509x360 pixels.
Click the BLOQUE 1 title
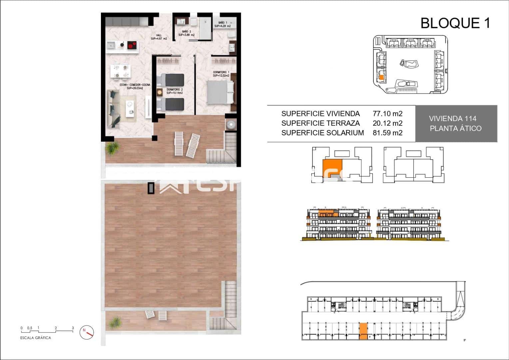(x=455, y=23)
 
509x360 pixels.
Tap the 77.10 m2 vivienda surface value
(x=387, y=114)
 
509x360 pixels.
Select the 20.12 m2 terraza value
(x=387, y=123)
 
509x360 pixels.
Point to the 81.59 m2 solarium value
(x=387, y=133)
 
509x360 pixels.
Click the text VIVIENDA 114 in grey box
(x=452, y=118)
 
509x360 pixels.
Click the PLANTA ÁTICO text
(x=455, y=128)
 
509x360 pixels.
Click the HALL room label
(x=161, y=37)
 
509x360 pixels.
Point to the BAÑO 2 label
(x=186, y=33)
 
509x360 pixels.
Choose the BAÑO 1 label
(x=222, y=24)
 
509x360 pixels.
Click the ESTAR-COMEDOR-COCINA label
(x=135, y=86)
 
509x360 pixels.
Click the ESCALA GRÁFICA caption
(x=36, y=338)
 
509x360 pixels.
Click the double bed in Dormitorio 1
(x=221, y=92)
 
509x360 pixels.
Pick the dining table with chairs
(x=120, y=71)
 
